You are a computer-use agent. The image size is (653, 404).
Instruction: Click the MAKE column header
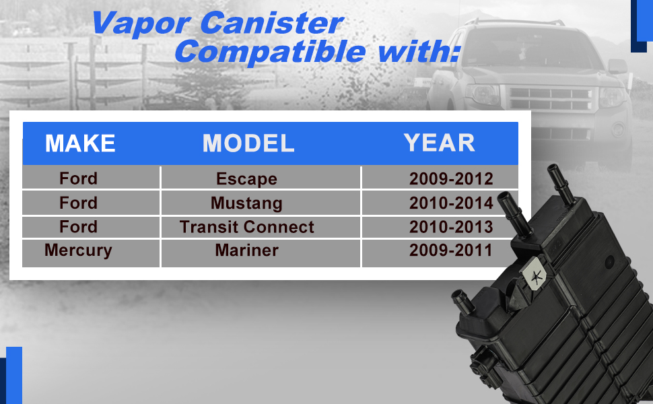tap(80, 143)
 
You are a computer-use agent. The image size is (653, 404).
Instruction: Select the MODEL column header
tap(248, 143)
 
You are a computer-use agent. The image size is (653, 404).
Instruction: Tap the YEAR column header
tap(440, 143)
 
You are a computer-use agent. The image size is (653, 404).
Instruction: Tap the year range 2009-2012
tap(451, 179)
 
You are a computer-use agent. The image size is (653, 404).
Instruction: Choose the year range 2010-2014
tap(451, 203)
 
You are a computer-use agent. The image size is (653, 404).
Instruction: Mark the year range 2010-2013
tap(451, 227)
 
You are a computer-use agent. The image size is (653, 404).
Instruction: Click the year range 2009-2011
tap(450, 250)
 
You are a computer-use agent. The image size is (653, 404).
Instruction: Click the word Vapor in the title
tap(141, 24)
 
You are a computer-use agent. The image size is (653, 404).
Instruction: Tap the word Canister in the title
tap(271, 22)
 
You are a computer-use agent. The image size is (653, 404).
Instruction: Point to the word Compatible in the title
tap(270, 53)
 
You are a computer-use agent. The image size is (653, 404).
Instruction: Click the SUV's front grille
tap(551, 98)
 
